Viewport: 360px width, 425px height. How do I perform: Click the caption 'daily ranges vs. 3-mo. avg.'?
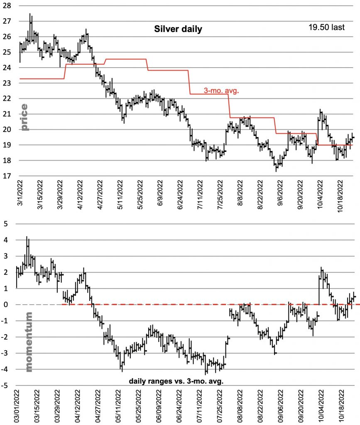(176, 381)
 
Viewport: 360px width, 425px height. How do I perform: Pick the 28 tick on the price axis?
(7, 5)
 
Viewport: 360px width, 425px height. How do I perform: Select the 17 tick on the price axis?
(7, 176)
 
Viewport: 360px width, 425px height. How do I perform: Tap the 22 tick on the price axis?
(7, 99)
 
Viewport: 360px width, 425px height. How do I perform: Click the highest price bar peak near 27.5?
(30, 15)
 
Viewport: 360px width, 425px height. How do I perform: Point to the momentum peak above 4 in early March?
(27, 237)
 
